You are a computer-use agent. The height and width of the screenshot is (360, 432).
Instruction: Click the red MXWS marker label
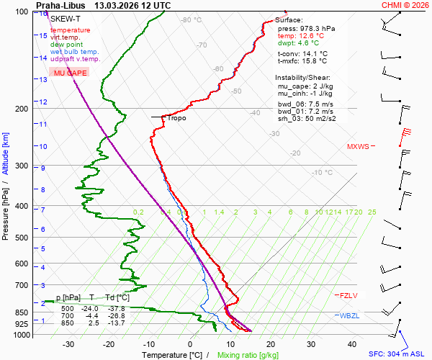pyautogui.click(x=358, y=146)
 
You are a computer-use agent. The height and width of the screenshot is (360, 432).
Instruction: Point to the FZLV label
pyautogui.click(x=348, y=295)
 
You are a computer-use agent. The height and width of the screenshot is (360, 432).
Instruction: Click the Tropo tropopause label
pyautogui.click(x=176, y=117)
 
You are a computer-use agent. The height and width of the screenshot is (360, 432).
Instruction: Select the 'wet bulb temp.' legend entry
pyautogui.click(x=75, y=52)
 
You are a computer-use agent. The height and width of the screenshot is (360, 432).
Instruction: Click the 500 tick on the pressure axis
pyautogui.click(x=23, y=238)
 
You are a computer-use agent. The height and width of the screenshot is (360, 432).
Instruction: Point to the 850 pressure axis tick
pyautogui.click(x=23, y=313)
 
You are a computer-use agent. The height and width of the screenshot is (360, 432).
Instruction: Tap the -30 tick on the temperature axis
pyautogui.click(x=68, y=344)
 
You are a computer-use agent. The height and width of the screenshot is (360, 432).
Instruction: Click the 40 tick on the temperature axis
pyautogui.click(x=352, y=344)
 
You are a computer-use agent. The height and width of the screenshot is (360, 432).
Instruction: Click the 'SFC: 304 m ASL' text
pyautogui.click(x=398, y=354)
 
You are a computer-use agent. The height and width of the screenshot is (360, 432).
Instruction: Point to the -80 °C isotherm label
pyautogui.click(x=192, y=20)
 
